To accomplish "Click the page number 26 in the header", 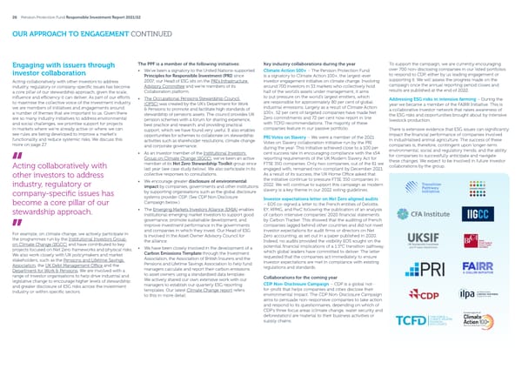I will pyautogui.click(x=12, y=8).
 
